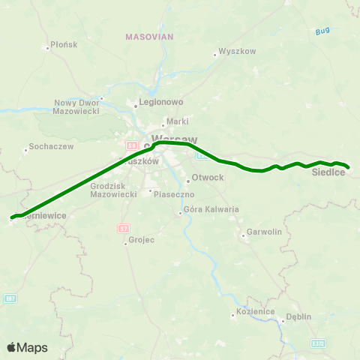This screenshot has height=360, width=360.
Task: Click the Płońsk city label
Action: pyautogui.click(x=64, y=45)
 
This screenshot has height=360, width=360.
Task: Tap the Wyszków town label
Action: pyautogui.click(x=238, y=52)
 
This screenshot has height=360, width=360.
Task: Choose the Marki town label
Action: pyautogui.click(x=178, y=121)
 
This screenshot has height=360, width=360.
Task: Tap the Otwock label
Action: pyautogui.click(x=208, y=178)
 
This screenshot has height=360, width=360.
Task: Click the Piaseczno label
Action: pyautogui.click(x=174, y=193)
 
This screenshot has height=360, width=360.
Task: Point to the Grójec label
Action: pyautogui.click(x=140, y=241)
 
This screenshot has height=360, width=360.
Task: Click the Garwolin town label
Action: pyautogui.click(x=264, y=232)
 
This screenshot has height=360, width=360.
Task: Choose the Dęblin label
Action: pyautogui.click(x=298, y=316)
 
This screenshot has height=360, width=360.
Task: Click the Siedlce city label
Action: pyautogui.click(x=328, y=173)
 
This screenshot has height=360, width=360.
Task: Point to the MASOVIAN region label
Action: pyautogui.click(x=149, y=36)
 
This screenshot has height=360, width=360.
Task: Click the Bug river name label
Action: pyautogui.click(x=322, y=31)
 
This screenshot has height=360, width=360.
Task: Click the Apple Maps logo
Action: pyautogui.click(x=27, y=347)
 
